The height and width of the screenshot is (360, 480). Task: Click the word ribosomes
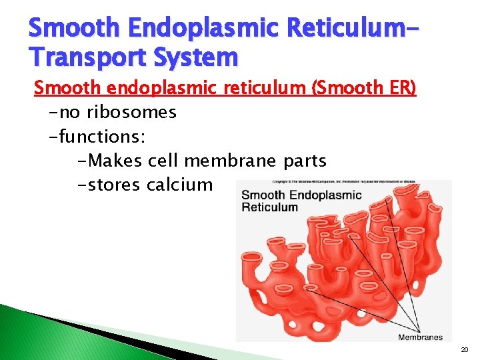pos(137,112)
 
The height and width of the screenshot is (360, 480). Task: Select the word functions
pos(101,137)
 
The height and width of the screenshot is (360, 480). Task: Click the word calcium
pos(179,185)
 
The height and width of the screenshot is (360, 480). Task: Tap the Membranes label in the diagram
pos(420,337)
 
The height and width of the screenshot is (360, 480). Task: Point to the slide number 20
pos(464,350)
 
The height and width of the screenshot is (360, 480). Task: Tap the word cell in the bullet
pos(165,161)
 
